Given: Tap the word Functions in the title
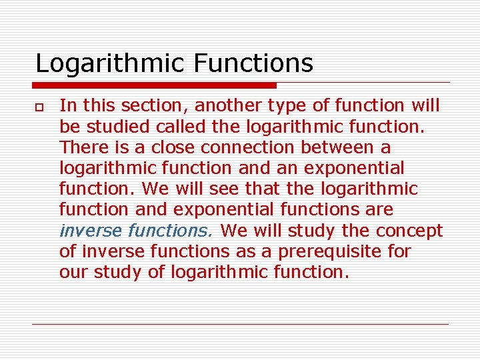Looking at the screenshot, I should [253, 63].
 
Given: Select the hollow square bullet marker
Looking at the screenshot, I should [40, 107].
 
